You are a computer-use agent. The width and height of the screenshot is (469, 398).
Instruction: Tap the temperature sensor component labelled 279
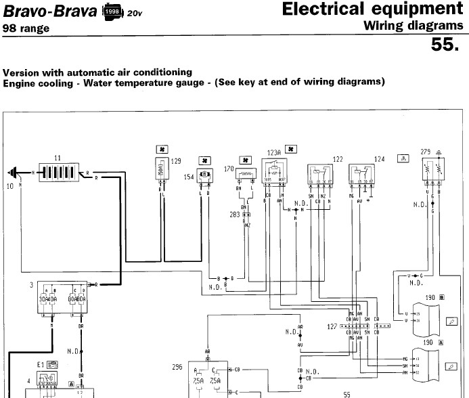click(x=432, y=171)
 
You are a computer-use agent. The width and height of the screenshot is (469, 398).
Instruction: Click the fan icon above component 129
click(x=162, y=148)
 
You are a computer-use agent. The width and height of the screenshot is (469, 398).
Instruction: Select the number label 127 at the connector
click(x=332, y=326)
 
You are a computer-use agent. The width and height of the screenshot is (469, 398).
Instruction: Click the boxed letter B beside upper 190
click(x=441, y=296)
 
